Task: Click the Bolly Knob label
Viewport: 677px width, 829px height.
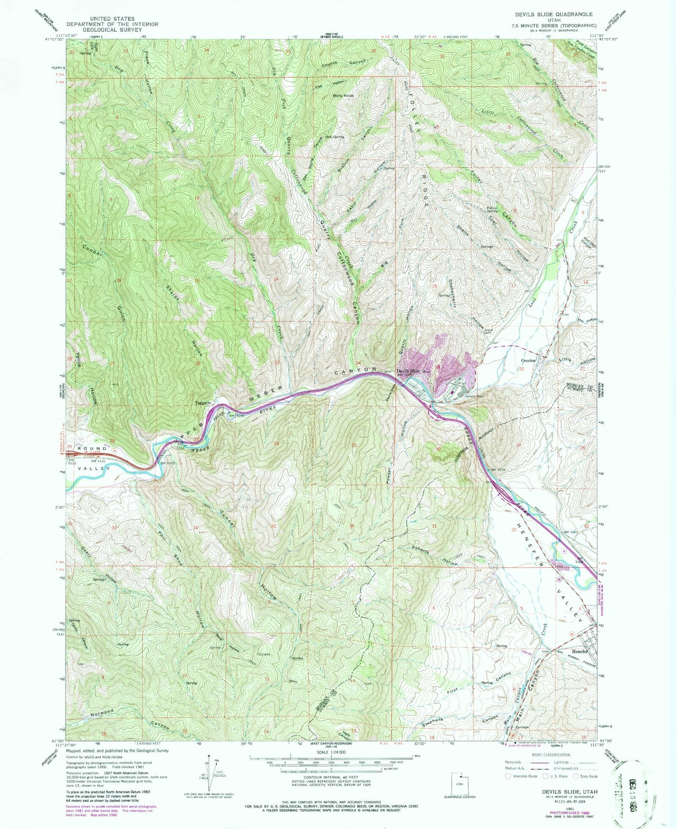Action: [343, 96]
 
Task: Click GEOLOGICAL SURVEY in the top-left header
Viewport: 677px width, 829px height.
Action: [112, 30]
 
